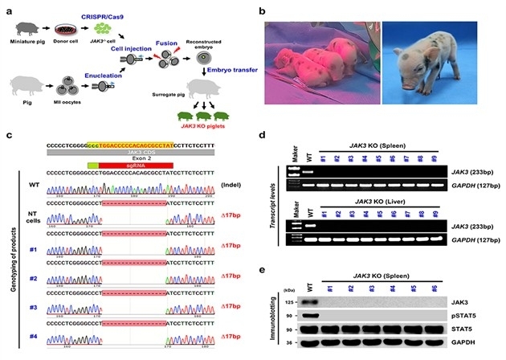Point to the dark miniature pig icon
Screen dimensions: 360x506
tap(27, 29)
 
